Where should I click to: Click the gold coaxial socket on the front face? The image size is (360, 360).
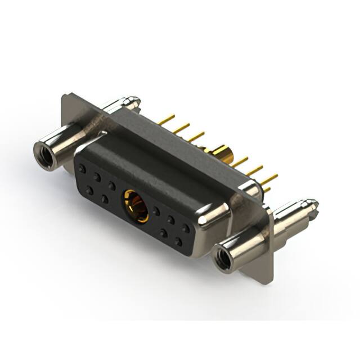[136, 206]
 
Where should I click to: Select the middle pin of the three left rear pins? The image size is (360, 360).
[181, 128]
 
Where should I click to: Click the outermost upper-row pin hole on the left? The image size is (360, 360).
[83, 168]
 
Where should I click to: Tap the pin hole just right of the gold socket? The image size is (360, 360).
[156, 211]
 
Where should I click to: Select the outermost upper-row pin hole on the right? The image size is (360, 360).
[185, 228]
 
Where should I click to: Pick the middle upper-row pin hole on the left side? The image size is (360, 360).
[97, 177]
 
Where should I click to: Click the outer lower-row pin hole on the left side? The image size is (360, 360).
[89, 191]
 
